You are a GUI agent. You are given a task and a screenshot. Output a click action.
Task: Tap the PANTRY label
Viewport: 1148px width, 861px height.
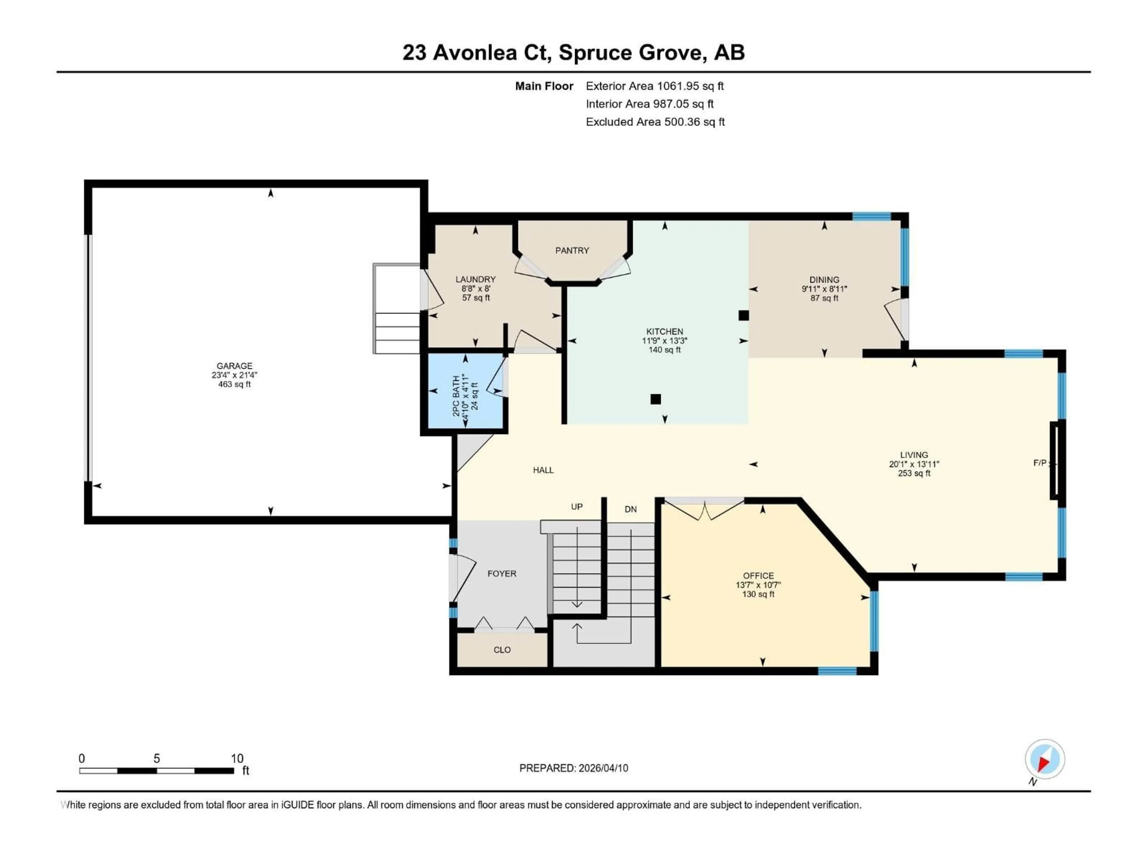pyautogui.click(x=572, y=251)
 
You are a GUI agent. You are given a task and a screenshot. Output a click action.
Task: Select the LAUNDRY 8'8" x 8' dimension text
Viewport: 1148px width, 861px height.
pyautogui.click(x=475, y=288)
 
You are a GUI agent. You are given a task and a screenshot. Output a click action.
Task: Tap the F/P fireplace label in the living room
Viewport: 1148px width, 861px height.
pyautogui.click(x=1039, y=463)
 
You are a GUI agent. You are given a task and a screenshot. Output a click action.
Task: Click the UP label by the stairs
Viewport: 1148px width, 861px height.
pyautogui.click(x=577, y=506)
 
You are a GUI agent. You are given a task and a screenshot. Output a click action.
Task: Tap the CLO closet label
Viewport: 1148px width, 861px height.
pyautogui.click(x=502, y=650)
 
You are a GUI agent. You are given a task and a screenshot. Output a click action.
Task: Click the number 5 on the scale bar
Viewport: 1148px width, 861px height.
pyautogui.click(x=156, y=758)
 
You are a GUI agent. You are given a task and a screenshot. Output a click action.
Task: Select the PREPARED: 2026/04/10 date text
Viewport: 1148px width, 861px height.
pyautogui.click(x=573, y=768)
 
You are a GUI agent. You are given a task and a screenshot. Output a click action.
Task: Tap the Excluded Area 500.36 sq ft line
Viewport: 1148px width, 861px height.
pyautogui.click(x=655, y=122)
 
